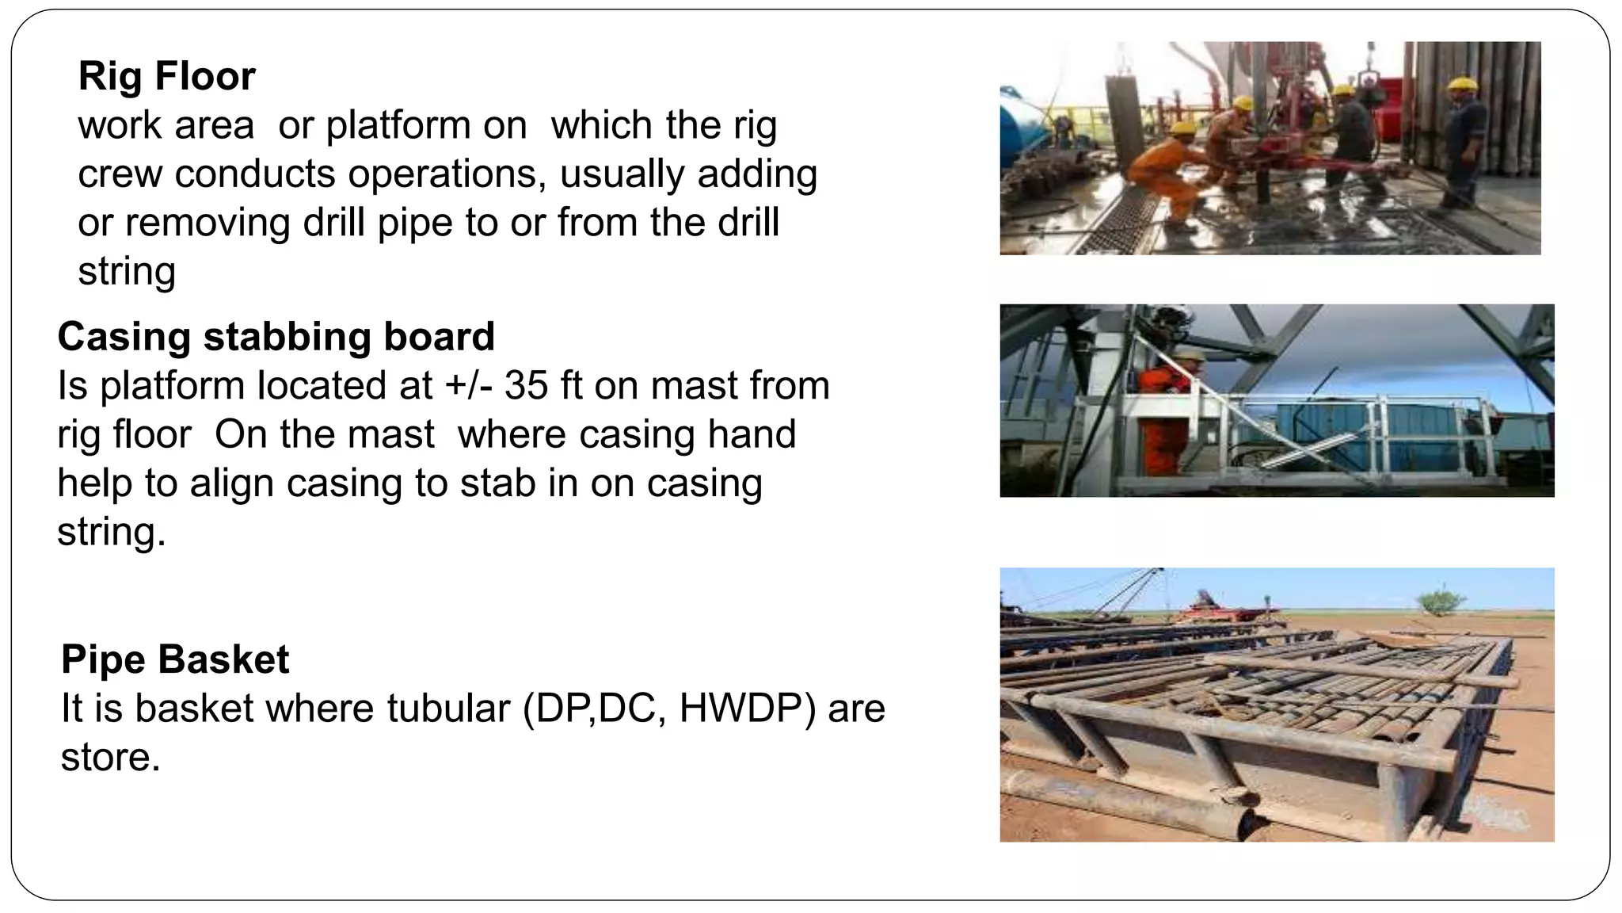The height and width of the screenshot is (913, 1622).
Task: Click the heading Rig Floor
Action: [x=166, y=77]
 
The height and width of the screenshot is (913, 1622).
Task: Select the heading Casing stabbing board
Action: [x=276, y=337]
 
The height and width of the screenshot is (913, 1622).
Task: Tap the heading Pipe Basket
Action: [x=175, y=659]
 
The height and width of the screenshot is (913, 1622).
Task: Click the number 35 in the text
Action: [x=526, y=386]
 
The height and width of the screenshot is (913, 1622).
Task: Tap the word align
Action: [x=237, y=483]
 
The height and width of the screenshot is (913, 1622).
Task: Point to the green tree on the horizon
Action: [x=1441, y=602]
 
